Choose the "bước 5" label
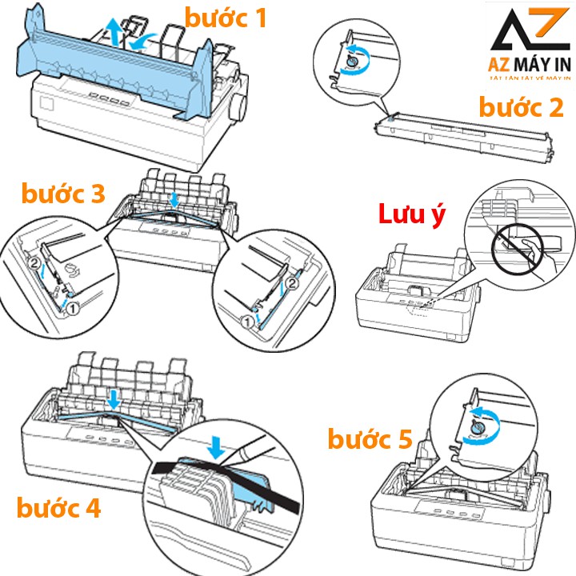(370, 438)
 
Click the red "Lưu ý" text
(410, 215)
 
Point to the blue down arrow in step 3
(175, 197)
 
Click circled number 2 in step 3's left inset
(34, 261)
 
